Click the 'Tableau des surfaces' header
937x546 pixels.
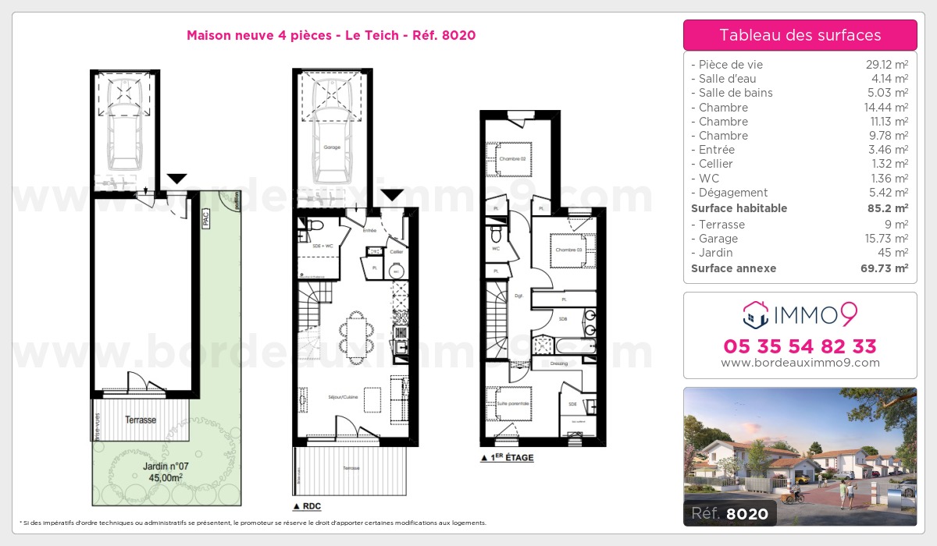click(800, 35)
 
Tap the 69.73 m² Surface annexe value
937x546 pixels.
click(885, 268)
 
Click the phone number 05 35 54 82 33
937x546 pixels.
click(800, 346)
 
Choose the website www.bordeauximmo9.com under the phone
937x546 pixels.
click(800, 363)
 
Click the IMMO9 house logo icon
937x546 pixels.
click(754, 315)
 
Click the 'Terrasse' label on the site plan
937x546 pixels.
click(141, 420)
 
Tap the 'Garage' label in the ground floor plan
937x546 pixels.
click(332, 147)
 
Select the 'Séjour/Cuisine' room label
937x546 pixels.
click(343, 397)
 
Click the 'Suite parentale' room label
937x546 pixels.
click(513, 403)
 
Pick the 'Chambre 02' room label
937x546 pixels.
click(511, 159)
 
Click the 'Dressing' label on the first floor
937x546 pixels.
click(558, 363)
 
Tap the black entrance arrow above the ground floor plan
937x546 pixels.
click(391, 194)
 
